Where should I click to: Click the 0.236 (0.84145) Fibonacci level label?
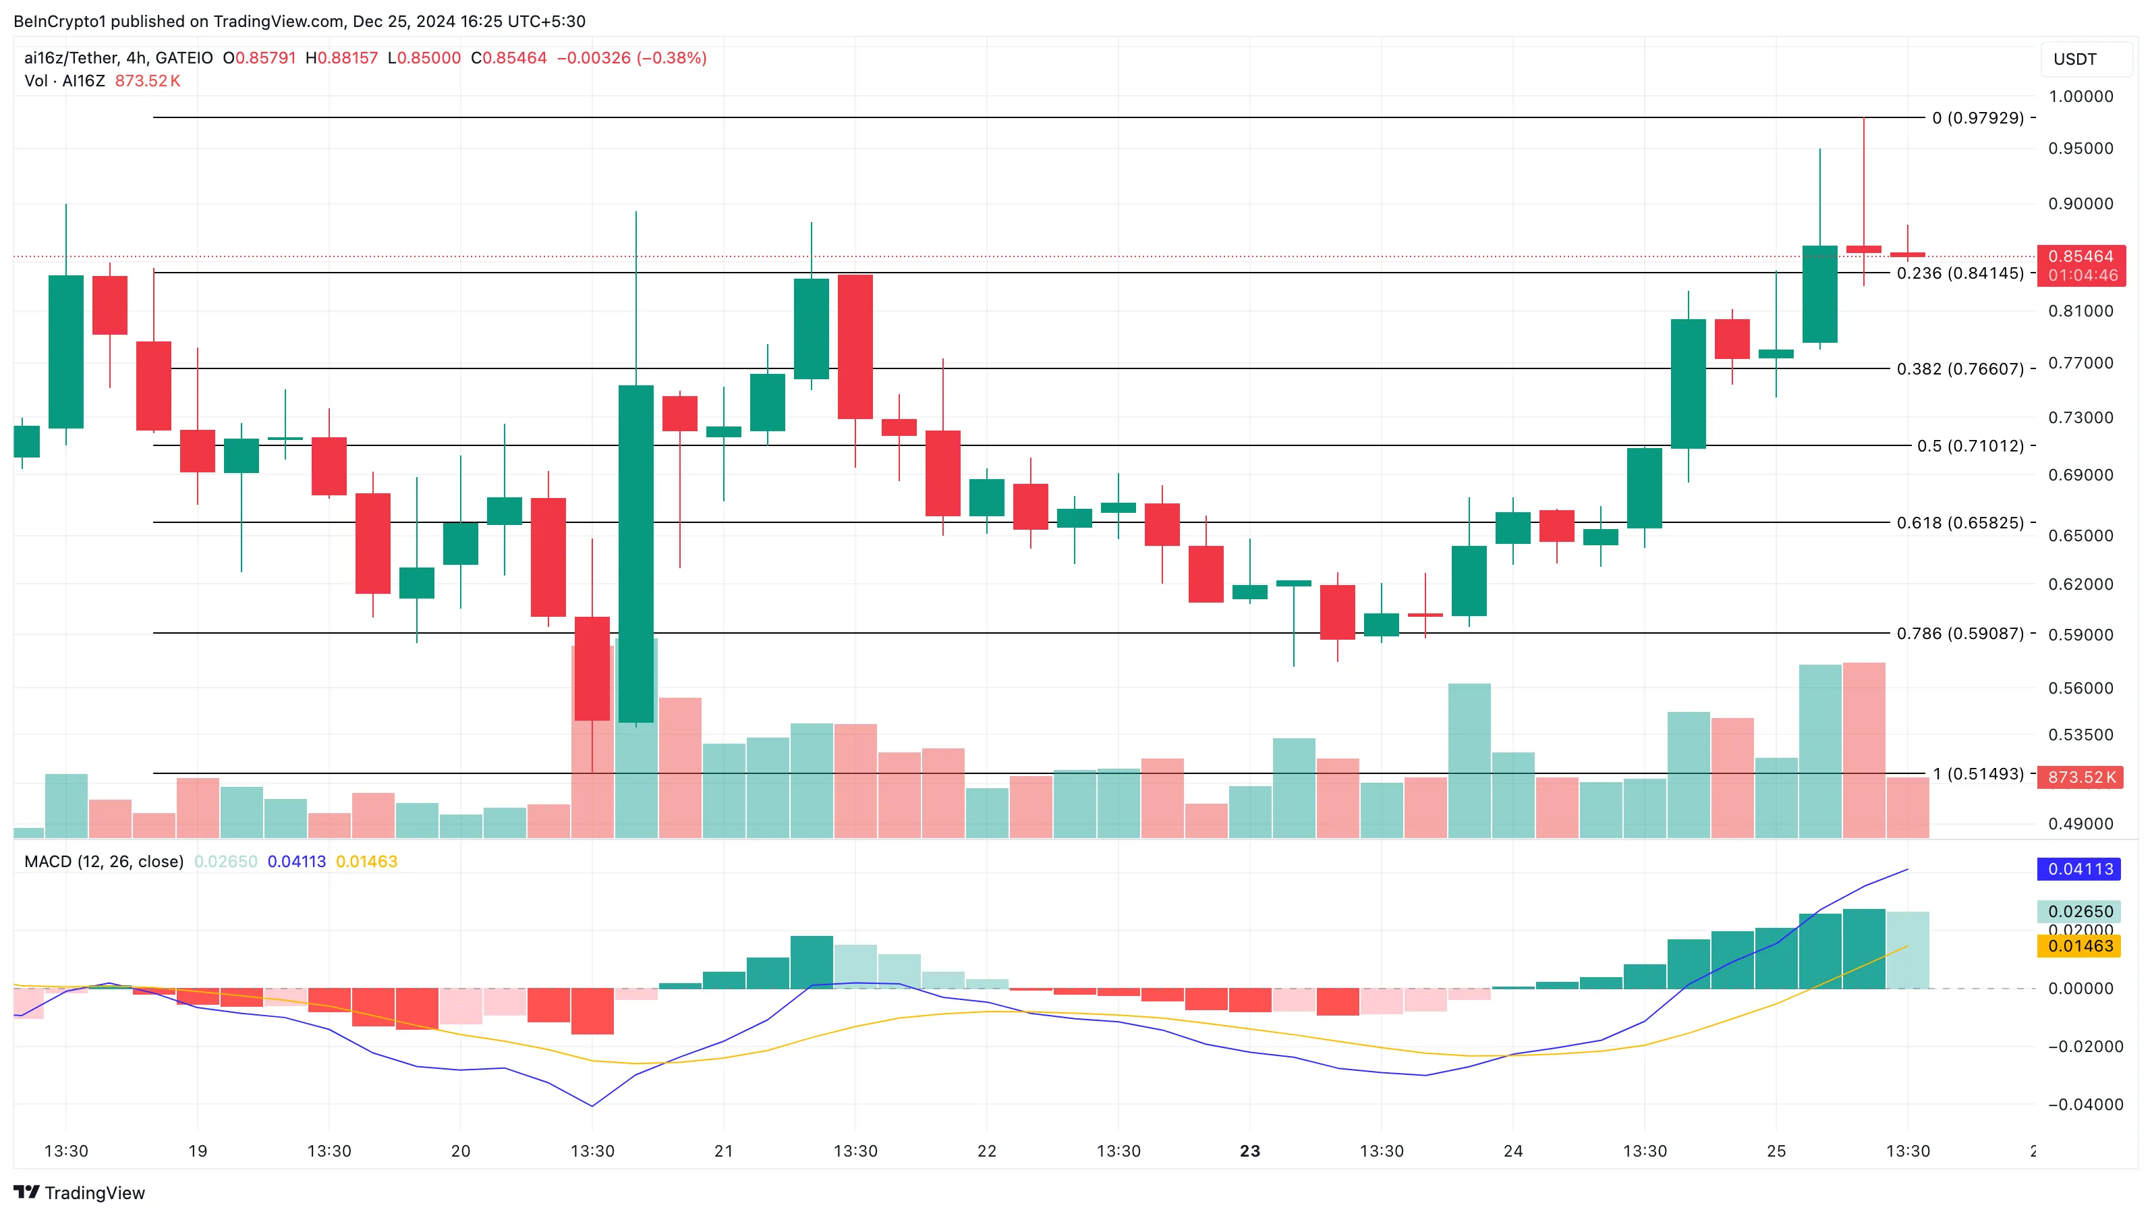(1960, 273)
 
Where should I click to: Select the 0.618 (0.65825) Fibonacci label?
(1960, 523)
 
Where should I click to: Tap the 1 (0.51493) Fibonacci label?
(1977, 774)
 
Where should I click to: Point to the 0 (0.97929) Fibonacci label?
(1977, 118)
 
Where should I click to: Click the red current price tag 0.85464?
(2080, 256)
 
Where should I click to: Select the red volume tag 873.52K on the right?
(2081, 777)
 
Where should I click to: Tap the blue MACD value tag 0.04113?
(2080, 869)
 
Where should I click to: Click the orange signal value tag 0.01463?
(2080, 946)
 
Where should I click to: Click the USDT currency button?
(2074, 59)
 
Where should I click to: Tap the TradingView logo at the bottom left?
(80, 1192)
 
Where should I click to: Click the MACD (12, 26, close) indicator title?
(104, 862)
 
